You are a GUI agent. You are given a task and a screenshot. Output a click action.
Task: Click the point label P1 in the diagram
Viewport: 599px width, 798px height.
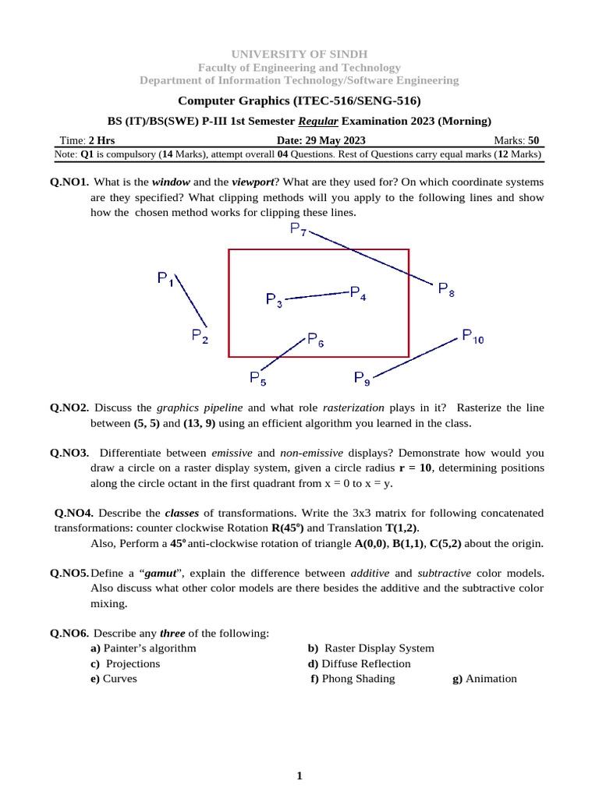tap(165, 278)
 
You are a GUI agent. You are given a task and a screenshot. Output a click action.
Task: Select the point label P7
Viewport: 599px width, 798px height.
tap(298, 229)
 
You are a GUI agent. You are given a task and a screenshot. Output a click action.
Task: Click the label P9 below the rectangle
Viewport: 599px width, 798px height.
tap(362, 378)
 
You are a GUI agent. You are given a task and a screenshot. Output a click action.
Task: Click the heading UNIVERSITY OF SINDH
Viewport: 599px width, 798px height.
tap(299, 54)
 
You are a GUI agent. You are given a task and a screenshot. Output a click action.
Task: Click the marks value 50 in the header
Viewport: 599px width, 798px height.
tap(533, 140)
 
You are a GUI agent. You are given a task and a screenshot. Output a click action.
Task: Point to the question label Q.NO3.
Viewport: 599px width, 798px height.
tap(69, 453)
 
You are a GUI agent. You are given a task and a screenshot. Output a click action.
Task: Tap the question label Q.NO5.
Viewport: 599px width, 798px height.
tap(69, 573)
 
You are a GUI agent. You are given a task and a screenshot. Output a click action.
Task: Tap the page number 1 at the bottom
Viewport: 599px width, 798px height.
tap(299, 775)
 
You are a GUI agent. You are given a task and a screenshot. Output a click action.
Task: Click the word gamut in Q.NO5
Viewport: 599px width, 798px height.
tap(158, 573)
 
